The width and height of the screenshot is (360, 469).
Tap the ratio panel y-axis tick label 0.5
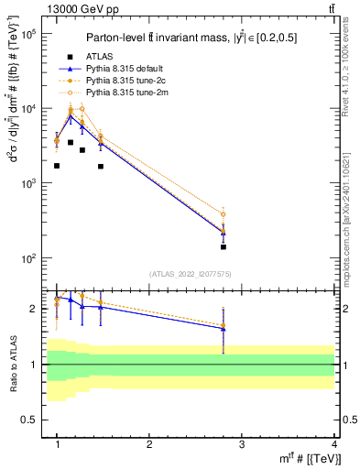pos(29,420)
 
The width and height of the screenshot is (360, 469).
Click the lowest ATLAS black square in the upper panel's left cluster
pos(57,166)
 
